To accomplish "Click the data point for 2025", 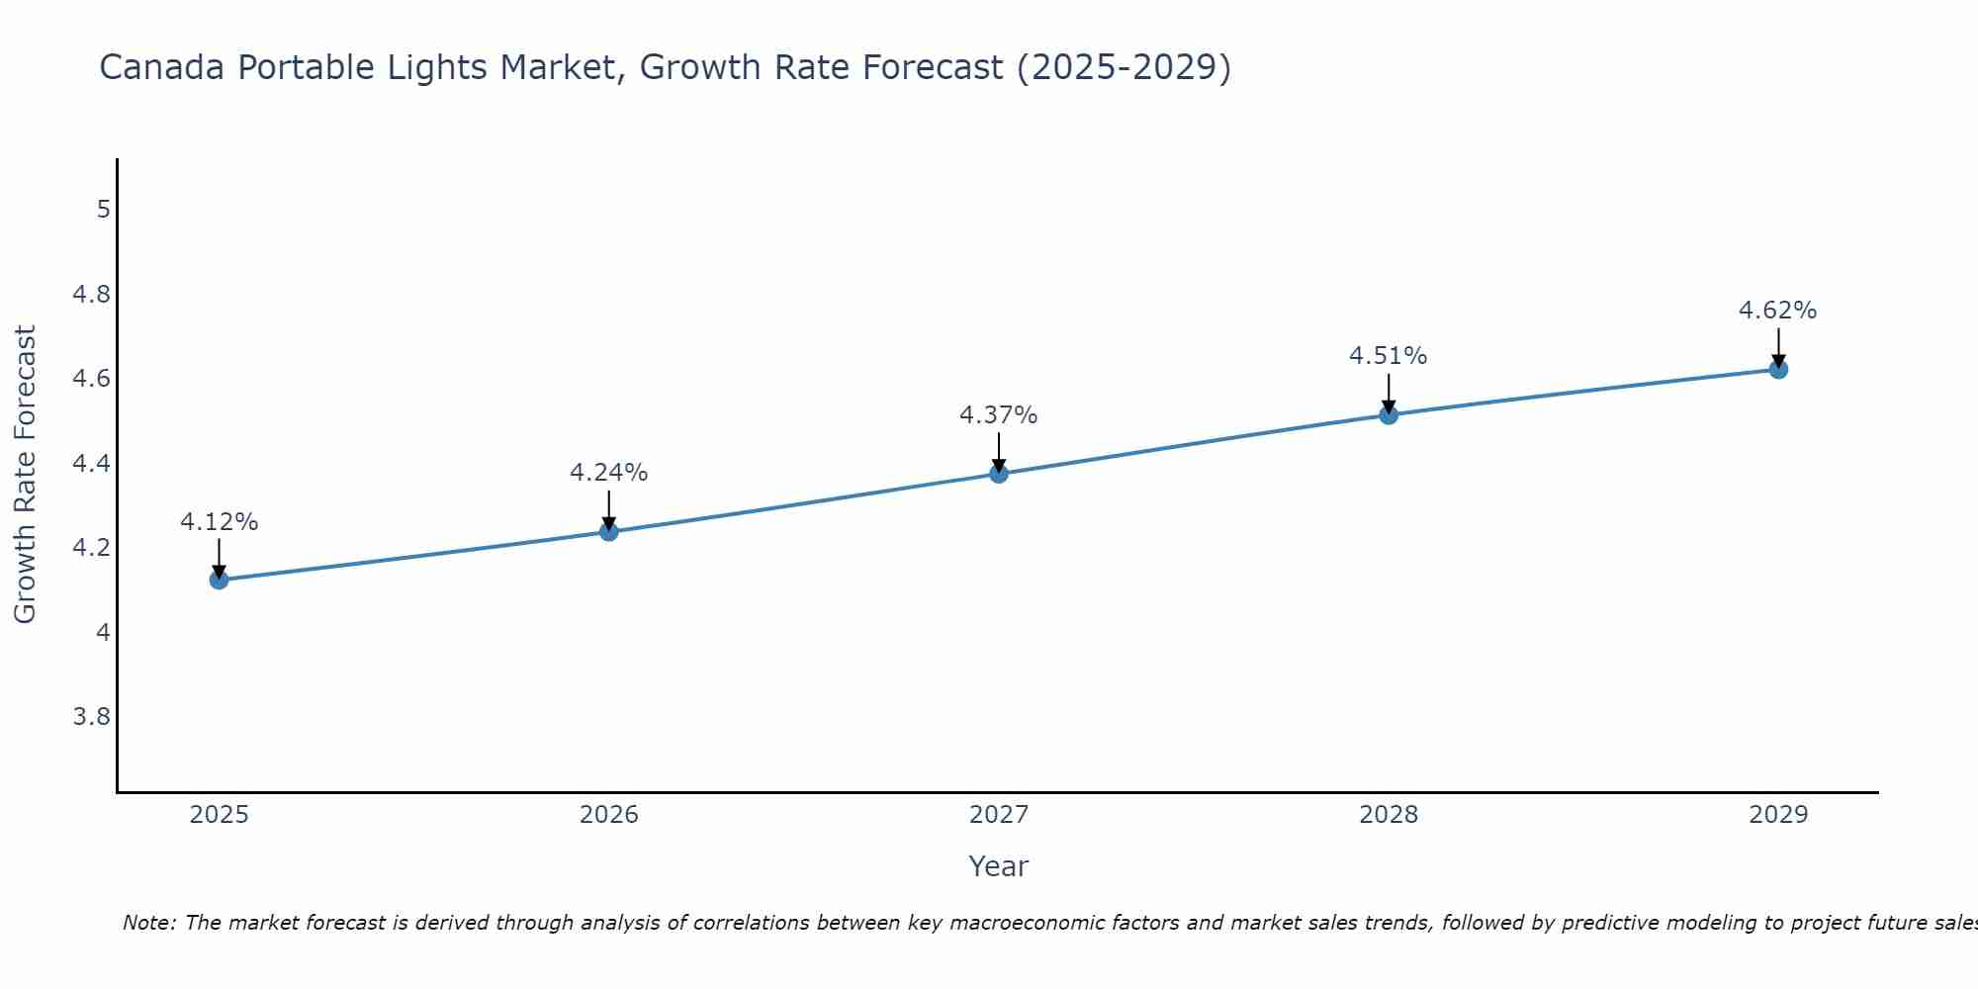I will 219,580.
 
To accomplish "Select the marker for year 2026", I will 608,532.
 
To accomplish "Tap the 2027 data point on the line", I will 999,474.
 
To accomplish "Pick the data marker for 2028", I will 1389,414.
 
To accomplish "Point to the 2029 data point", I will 1778,369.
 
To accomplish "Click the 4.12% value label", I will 219,522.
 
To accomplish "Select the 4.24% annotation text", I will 608,473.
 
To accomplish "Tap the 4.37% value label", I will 999,415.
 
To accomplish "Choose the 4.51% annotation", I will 1389,356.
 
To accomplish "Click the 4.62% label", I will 1778,311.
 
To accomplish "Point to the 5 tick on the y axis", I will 103,210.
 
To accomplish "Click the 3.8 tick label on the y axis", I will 92,716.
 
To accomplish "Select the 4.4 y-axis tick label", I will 92,463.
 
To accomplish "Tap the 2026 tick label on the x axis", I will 608,815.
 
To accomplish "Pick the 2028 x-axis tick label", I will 1389,815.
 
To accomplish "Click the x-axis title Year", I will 999,866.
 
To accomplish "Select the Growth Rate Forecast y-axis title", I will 26,475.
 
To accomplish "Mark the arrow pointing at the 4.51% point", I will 1389,394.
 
